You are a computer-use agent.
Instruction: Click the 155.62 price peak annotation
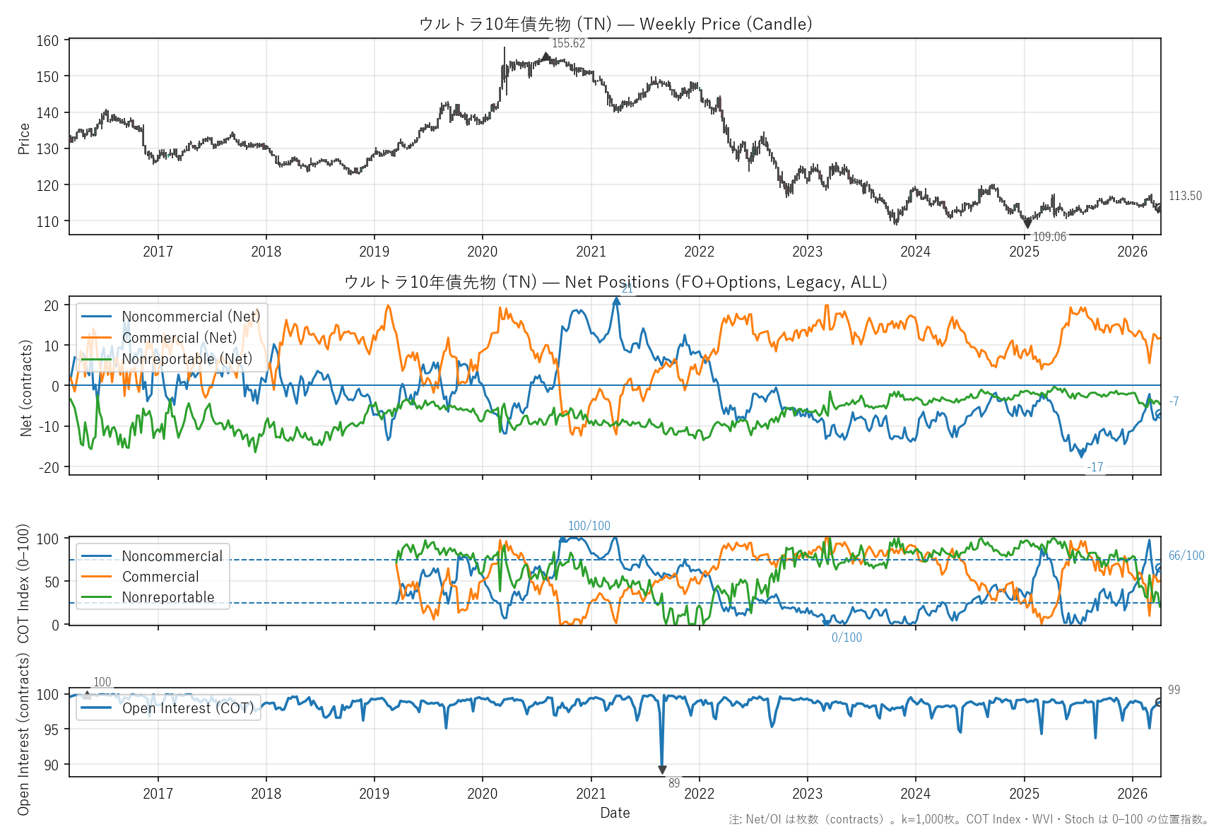tap(568, 43)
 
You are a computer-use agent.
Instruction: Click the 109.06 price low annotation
tap(1049, 237)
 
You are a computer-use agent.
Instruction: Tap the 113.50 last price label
tap(1185, 196)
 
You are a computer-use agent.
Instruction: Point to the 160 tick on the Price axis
tap(48, 41)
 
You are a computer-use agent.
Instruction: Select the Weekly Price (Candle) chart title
tap(615, 24)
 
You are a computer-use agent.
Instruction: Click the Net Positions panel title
tap(615, 282)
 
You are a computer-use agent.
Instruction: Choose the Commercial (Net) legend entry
tap(179, 338)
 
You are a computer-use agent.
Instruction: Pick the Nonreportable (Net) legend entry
tap(187, 359)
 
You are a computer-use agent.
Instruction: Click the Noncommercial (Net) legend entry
tap(191, 317)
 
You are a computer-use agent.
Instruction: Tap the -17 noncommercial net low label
tap(1095, 467)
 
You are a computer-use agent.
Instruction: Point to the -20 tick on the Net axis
tap(51, 467)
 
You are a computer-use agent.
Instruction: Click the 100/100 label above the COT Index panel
tap(589, 526)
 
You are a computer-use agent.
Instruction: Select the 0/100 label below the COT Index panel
tap(847, 638)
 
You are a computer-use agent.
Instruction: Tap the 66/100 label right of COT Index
tap(1186, 556)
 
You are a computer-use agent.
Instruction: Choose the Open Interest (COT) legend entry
tap(187, 708)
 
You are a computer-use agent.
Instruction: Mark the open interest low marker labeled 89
tap(662, 770)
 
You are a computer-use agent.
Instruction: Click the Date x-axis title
tap(615, 813)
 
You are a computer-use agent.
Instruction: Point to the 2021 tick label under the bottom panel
tap(591, 794)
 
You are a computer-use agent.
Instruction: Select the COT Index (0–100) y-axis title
tap(23, 583)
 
